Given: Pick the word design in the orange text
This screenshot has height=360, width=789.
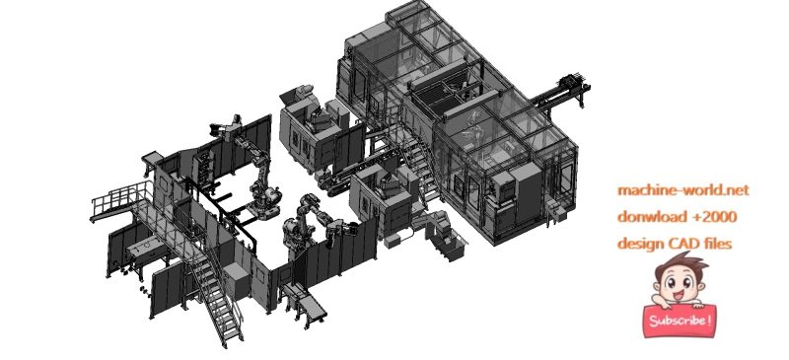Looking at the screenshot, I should click(x=639, y=243).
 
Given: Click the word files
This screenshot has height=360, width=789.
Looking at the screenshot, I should click(x=717, y=243).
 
